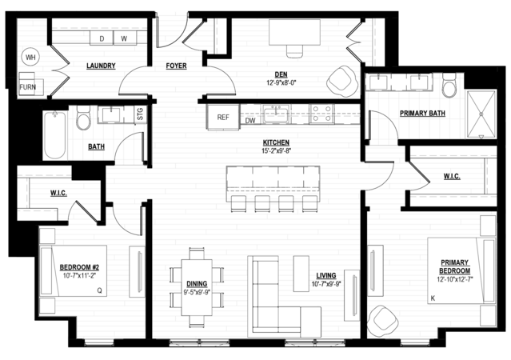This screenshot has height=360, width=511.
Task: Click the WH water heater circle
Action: coord(30,58)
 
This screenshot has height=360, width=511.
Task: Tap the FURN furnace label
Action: coord(27,87)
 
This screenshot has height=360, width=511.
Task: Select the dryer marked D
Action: coord(102,38)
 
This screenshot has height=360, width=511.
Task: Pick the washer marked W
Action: coord(124,38)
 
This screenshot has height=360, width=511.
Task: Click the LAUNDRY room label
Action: coord(101,66)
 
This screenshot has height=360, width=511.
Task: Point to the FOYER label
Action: coord(176,66)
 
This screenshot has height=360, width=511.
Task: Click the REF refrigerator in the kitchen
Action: coord(223,117)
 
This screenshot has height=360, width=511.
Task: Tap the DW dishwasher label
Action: coord(250,121)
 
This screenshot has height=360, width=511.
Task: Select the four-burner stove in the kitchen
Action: coord(321,114)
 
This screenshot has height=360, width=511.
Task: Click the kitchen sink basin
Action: coord(276,114)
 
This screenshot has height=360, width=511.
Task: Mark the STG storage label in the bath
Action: coord(140,114)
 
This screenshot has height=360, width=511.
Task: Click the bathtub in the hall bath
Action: coord(54,134)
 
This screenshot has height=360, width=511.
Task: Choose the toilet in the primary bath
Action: coord(449,86)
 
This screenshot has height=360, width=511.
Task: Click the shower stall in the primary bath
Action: coord(481,114)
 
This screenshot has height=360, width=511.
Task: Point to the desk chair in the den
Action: coord(295,51)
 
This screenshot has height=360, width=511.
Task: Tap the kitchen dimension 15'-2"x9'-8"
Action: coord(277,150)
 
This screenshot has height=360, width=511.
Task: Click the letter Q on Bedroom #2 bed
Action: coord(100,290)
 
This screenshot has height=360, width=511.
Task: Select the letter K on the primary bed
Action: coord(433,298)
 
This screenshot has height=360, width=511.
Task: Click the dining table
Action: coord(197,287)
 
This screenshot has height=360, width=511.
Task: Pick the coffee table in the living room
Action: coord(301,274)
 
